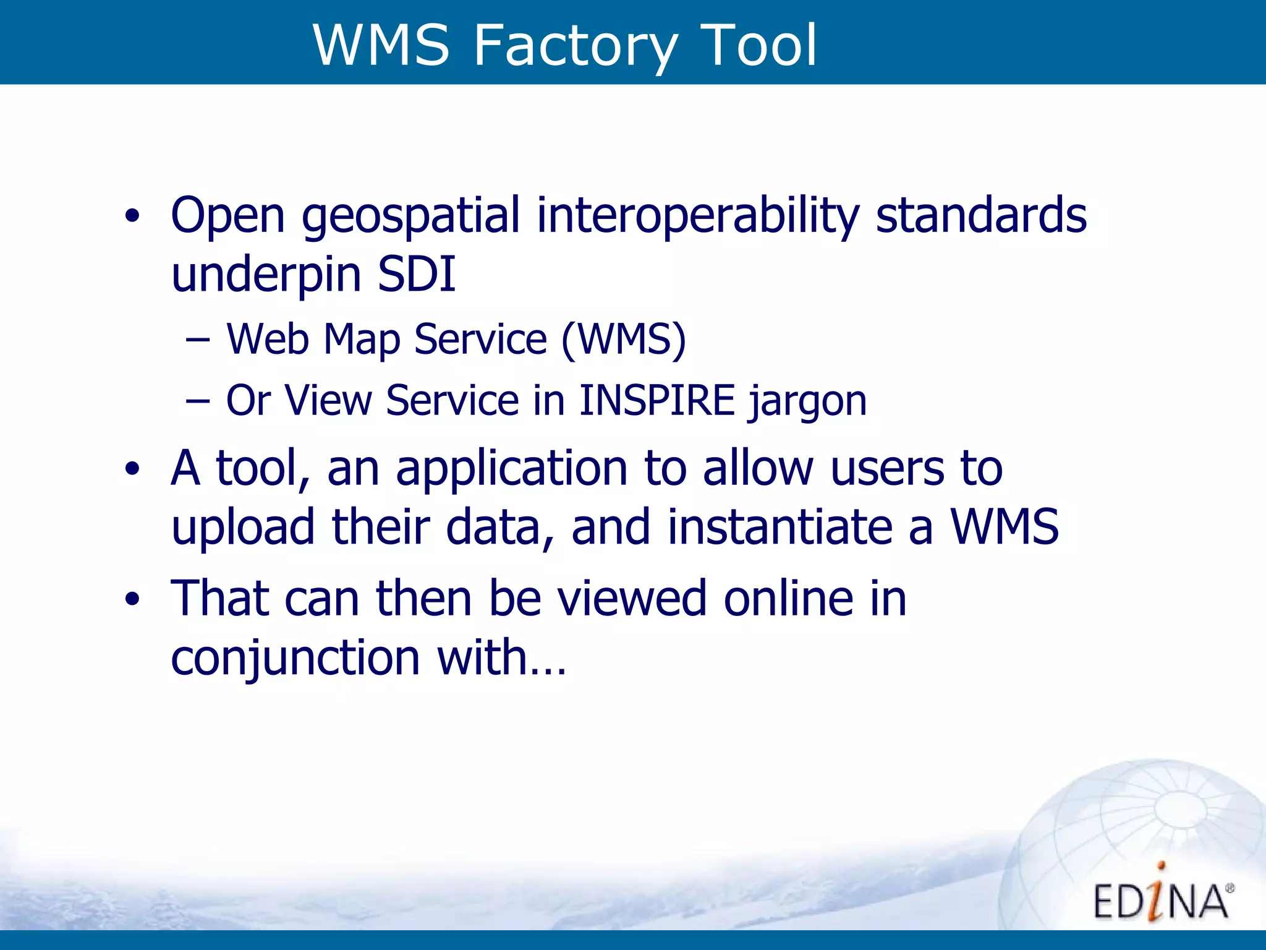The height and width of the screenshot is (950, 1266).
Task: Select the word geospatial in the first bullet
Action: click(410, 216)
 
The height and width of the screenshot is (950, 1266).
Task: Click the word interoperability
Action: click(698, 216)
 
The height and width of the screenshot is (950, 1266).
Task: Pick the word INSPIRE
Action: click(656, 400)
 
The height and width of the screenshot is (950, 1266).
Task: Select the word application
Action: click(512, 469)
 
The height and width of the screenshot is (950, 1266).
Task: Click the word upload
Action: click(243, 528)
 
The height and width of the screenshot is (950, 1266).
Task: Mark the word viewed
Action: click(632, 598)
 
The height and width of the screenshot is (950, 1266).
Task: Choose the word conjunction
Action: click(295, 658)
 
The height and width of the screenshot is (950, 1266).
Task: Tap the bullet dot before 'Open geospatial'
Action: click(132, 216)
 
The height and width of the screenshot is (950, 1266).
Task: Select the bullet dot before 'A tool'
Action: click(132, 469)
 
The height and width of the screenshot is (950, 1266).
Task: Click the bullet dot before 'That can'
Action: click(132, 599)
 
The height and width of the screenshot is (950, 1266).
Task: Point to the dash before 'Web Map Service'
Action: click(197, 340)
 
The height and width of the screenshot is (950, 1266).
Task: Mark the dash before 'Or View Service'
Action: click(197, 401)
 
